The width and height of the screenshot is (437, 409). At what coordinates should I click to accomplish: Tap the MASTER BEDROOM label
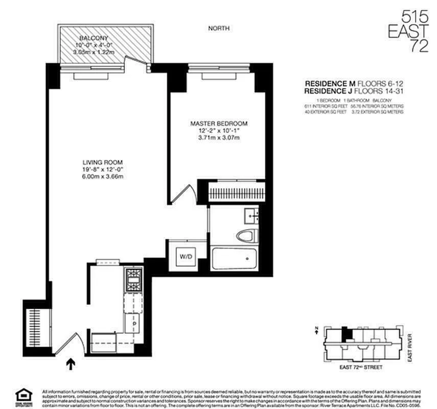pos(219,124)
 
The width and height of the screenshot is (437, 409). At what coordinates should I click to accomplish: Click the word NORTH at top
pos(219,28)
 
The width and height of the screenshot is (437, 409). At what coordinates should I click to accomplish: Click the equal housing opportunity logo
pos(24,396)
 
